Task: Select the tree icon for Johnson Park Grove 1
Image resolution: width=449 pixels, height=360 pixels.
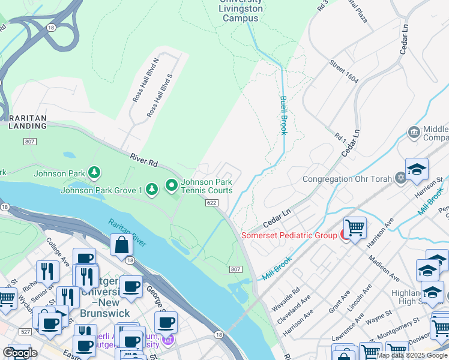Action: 152,190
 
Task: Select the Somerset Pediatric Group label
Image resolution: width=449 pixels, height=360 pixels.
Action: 289,235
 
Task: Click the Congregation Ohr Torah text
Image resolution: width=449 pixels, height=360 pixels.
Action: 347,179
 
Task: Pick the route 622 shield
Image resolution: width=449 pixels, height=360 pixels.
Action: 212,203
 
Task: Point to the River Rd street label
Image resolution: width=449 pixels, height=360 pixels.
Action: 144,160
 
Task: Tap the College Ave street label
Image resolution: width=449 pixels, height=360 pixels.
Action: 58,252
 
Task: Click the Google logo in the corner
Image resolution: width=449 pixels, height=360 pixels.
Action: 19,353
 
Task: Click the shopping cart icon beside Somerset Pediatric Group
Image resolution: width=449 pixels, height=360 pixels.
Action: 355,228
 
